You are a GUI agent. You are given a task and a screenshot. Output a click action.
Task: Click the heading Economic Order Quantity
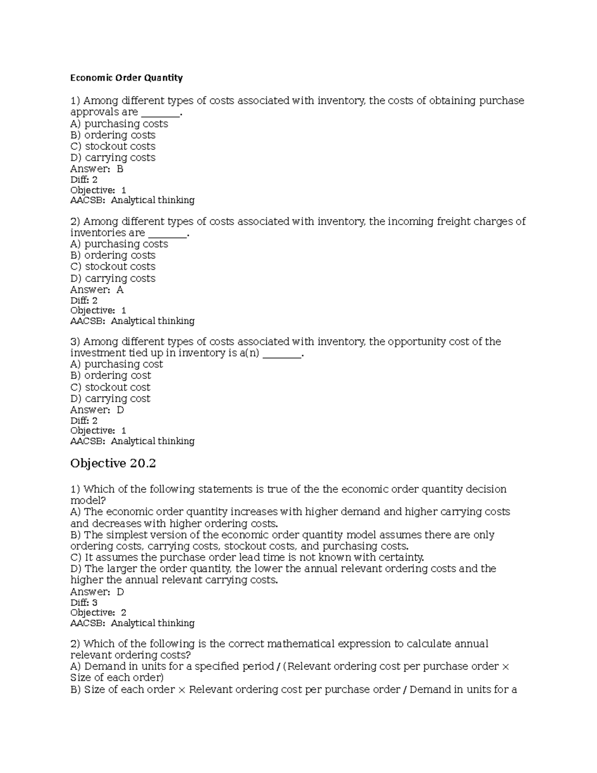[126, 78]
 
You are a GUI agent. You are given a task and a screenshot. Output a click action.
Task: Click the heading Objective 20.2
[113, 463]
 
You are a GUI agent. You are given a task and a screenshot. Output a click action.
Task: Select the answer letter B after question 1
[120, 169]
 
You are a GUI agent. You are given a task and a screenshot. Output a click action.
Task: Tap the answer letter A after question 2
[120, 290]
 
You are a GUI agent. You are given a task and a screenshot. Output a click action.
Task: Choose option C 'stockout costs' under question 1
[113, 146]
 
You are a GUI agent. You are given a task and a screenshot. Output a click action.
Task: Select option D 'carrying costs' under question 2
[113, 278]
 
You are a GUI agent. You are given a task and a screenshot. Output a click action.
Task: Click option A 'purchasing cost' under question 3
[117, 364]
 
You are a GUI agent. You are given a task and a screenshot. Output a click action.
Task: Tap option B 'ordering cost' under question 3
[111, 376]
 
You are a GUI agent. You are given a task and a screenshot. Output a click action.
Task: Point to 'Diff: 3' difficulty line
[84, 603]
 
